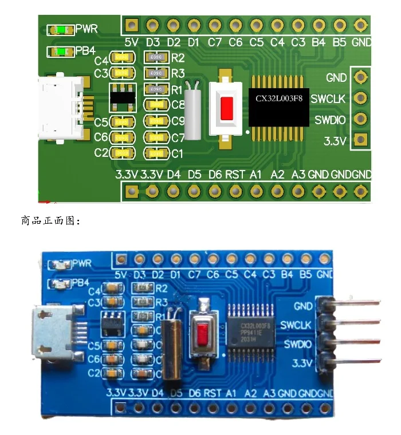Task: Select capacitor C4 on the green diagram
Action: click(121, 58)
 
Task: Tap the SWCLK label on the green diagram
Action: click(328, 99)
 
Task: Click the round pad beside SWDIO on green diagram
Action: click(360, 119)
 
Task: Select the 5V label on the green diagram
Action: click(131, 42)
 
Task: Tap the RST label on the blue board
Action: click(212, 394)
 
